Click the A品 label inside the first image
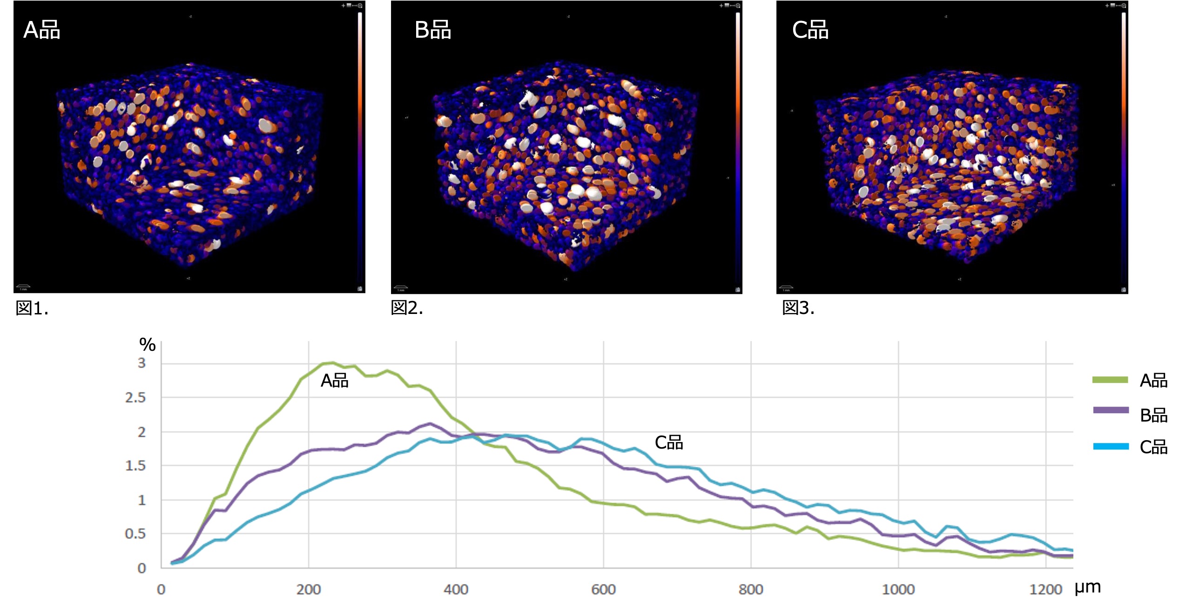pos(41,30)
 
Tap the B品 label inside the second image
pos(432,30)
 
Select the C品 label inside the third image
pos(810,30)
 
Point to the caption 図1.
pos(32,308)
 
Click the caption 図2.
pos(407,308)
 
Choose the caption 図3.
pos(798,308)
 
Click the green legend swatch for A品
pos(1110,380)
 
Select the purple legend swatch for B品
pos(1111,410)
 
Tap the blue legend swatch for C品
pos(1111,446)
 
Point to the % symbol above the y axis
pos(148,345)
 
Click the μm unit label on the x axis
pos(1087,587)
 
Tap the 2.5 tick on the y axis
pos(135,398)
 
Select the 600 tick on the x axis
pos(603,590)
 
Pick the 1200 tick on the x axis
pos(1045,590)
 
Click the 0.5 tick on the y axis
pos(135,534)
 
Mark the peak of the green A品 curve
pos(331,363)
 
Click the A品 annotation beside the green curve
pos(334,381)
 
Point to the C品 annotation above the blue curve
pos(668,443)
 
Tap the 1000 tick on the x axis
pos(898,590)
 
